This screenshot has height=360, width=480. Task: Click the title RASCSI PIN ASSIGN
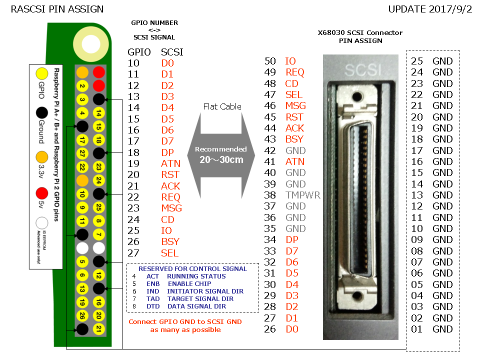(x=57, y=9)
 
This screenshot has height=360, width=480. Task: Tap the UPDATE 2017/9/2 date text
(x=430, y=9)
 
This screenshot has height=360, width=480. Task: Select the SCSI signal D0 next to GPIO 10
(x=167, y=63)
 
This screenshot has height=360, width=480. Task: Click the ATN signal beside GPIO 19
(x=170, y=163)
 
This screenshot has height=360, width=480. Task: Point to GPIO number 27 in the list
(x=133, y=253)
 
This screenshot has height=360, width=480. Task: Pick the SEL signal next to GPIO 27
(x=170, y=253)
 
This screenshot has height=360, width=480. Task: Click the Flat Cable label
(x=222, y=106)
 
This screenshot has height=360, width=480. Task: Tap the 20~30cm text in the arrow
(x=221, y=159)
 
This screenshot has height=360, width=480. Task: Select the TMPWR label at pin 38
(x=303, y=195)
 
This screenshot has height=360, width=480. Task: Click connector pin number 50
(x=270, y=61)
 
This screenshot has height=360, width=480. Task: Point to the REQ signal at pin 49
(x=295, y=72)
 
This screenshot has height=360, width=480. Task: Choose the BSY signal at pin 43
(x=294, y=139)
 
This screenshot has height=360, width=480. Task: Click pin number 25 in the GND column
(x=417, y=61)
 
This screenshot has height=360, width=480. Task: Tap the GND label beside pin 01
(x=442, y=329)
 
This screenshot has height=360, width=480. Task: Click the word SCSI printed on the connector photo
(x=359, y=68)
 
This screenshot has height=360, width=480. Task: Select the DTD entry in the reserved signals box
(x=152, y=306)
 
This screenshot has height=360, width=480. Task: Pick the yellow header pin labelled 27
(x=82, y=153)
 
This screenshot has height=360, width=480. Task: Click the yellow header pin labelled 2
(x=82, y=86)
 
